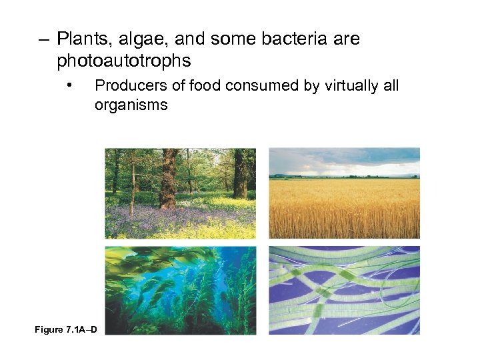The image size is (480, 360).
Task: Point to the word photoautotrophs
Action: pos(124,61)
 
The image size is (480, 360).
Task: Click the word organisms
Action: pos(131,105)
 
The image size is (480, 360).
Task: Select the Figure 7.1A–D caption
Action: pos(65,330)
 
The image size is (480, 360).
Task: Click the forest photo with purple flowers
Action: pos(180,193)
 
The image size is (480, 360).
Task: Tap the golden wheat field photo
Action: pos(344,207)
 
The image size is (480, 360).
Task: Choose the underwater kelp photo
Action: pos(180,290)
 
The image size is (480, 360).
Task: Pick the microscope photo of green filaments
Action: pos(344,290)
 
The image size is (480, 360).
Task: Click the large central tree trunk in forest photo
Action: pos(169,177)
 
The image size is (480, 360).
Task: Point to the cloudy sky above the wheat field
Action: pos(344,160)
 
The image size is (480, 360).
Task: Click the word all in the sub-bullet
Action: pos(390,85)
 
